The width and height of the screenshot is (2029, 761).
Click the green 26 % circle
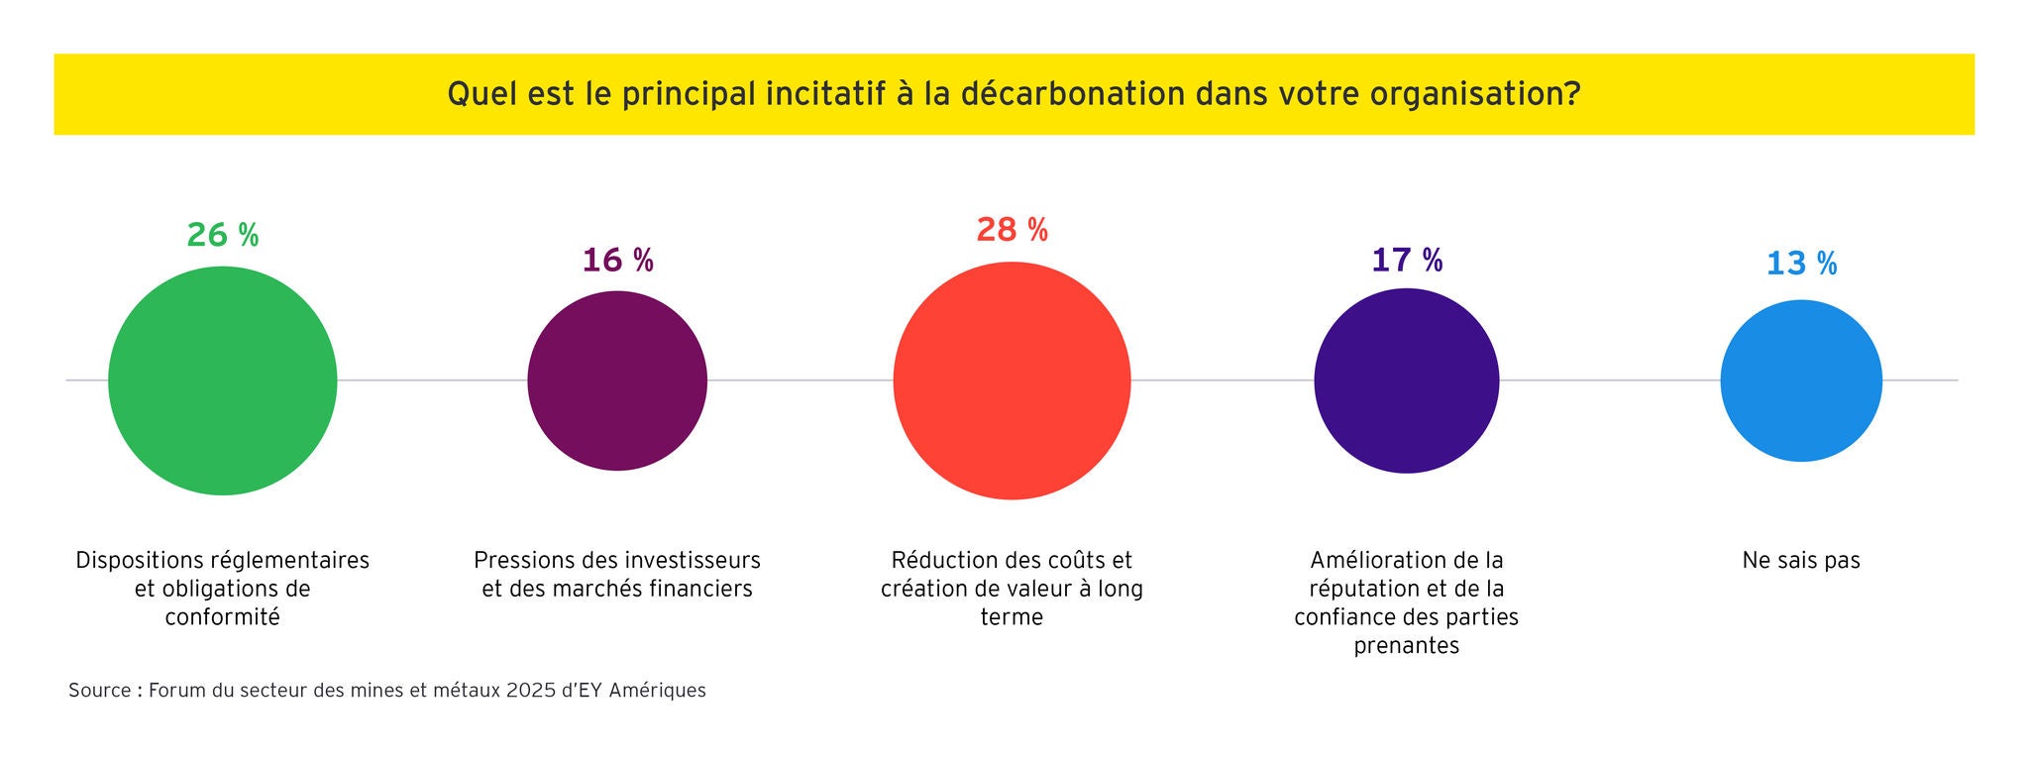[x=223, y=380]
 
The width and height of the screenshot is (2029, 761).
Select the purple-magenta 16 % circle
[x=617, y=380]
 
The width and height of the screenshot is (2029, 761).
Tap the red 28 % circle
[x=1012, y=380]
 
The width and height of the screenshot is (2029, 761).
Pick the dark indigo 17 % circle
[x=1407, y=380]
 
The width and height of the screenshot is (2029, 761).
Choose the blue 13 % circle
[x=1801, y=380]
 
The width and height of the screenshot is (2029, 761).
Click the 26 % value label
[x=223, y=235]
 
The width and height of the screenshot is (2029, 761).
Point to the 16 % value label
[x=617, y=260]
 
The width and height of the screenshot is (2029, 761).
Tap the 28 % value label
[x=1012, y=230]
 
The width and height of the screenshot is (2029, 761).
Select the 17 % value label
[x=1407, y=260]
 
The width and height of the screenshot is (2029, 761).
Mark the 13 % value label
[x=1801, y=264]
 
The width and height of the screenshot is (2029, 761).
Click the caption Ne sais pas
[x=1801, y=560]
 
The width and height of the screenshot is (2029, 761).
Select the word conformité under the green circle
[x=223, y=617]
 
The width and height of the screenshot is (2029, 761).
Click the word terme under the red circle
[x=1012, y=617]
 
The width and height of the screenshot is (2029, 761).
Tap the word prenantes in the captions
[x=1407, y=646]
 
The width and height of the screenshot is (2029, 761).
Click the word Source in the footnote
[x=99, y=691]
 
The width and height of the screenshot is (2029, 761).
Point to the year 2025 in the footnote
[x=531, y=691]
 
